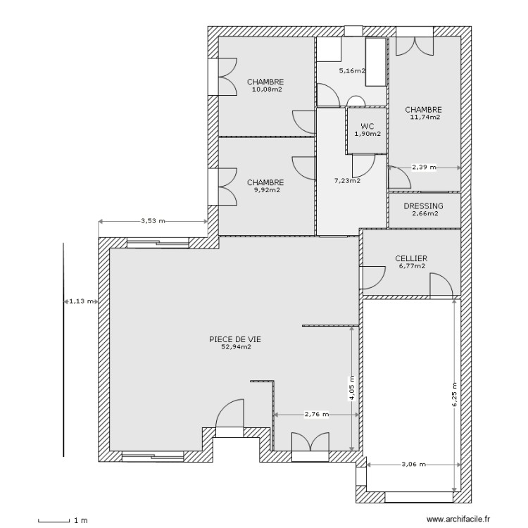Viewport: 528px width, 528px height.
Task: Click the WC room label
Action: click(367, 126)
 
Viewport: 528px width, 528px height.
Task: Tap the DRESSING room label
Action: click(424, 206)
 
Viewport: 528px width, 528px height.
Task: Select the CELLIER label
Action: click(412, 258)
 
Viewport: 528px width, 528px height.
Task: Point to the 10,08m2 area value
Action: click(265, 89)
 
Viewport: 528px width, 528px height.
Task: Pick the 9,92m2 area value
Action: click(265, 189)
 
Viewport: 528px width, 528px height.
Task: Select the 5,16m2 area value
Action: click(352, 71)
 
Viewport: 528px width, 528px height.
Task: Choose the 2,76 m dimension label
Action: click(316, 415)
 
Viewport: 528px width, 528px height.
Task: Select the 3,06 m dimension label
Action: click(413, 465)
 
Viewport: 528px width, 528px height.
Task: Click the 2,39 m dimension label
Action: click(424, 168)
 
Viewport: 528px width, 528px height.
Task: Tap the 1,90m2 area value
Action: click(367, 134)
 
